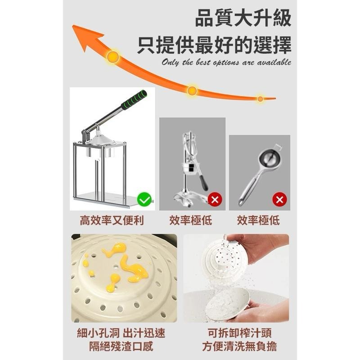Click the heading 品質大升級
[243, 20]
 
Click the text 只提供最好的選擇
[214, 45]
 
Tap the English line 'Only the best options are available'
[226, 63]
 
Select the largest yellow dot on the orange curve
[112, 57]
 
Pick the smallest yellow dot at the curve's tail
[260, 99]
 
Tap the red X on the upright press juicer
[215, 200]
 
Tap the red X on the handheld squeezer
[279, 200]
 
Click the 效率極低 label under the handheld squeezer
[258, 220]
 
